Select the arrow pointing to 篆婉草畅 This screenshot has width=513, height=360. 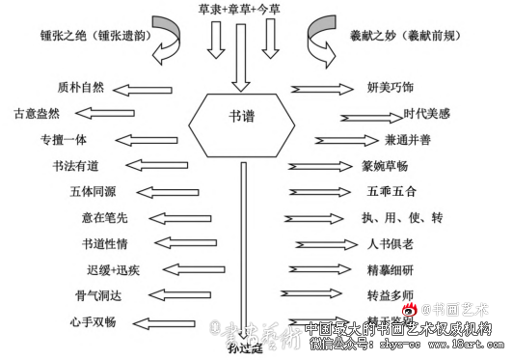(318, 166)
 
